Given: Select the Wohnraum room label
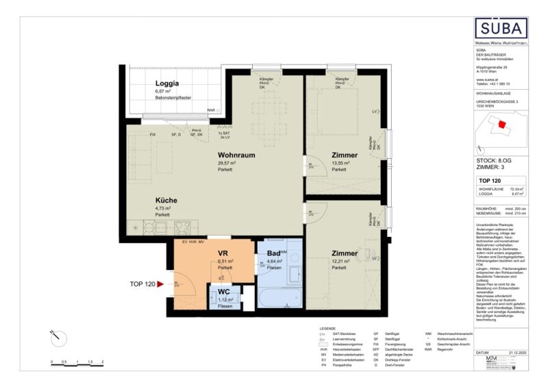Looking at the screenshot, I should [236, 155].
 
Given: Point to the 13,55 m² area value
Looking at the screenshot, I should [340, 163].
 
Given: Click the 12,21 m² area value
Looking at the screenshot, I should [340, 262].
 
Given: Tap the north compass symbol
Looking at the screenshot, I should [58, 337].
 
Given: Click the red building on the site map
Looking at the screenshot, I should [503, 125].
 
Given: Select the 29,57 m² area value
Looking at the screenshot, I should [227, 163].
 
